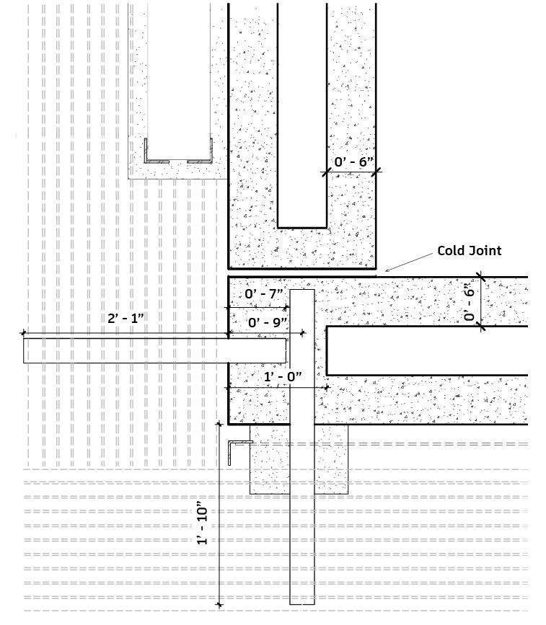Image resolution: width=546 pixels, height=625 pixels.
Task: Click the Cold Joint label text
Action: tap(469, 251)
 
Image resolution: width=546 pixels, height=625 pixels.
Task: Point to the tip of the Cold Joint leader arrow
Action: tap(385, 272)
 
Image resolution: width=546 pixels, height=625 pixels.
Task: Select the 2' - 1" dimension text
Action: tap(126, 318)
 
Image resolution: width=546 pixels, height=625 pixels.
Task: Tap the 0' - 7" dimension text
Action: tap(264, 294)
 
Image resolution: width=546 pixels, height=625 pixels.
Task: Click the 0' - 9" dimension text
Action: tap(268, 322)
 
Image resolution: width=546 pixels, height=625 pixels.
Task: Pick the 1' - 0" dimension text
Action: tap(283, 377)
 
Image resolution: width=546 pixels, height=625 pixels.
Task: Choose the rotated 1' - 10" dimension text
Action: tap(203, 526)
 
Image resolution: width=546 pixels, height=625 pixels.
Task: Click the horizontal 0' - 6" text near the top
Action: tap(353, 161)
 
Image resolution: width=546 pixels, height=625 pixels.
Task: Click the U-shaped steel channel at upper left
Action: tap(178, 161)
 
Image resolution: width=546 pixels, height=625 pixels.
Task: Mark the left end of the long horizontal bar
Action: tap(24, 350)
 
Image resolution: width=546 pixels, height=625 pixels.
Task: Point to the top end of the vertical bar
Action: tap(302, 291)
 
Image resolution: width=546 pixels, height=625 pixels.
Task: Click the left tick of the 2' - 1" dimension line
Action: tap(24, 333)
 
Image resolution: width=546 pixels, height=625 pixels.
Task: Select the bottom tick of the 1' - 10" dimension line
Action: tap(219, 605)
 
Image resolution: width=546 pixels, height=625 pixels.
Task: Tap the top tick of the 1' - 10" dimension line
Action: tap(219, 424)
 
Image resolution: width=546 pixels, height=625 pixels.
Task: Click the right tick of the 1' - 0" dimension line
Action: tap(327, 387)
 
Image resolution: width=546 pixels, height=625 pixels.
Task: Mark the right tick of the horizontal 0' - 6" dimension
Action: tap(376, 172)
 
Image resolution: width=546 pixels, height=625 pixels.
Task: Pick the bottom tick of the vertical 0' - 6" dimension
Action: tap(481, 327)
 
